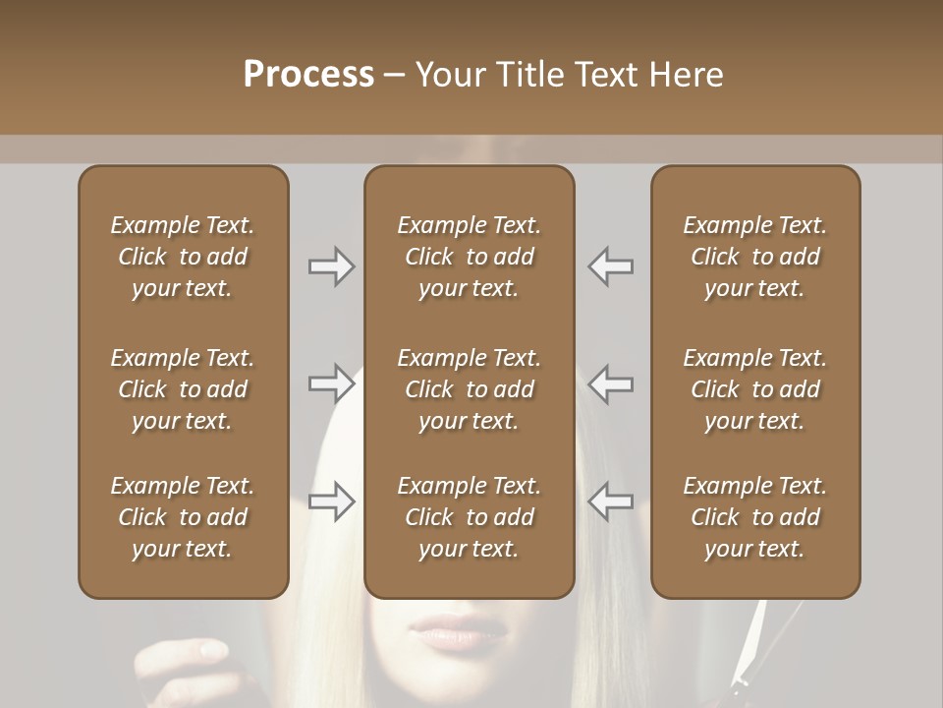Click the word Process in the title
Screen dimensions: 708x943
(308, 75)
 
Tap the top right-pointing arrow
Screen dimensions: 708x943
(331, 266)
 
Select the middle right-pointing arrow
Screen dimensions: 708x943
(331, 383)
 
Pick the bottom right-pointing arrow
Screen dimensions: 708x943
(331, 501)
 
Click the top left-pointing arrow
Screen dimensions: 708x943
(611, 266)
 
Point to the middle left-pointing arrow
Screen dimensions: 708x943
(611, 383)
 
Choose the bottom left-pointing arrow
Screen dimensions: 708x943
(611, 501)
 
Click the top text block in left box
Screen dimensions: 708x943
(183, 257)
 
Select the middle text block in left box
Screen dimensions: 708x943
(183, 389)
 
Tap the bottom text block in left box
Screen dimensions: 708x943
(183, 517)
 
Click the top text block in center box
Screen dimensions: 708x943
(469, 257)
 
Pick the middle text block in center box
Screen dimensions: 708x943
(469, 389)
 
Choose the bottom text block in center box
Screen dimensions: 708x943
(469, 517)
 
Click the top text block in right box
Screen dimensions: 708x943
(755, 257)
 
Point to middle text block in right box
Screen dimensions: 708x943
(755, 389)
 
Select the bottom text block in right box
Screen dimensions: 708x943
(755, 517)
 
